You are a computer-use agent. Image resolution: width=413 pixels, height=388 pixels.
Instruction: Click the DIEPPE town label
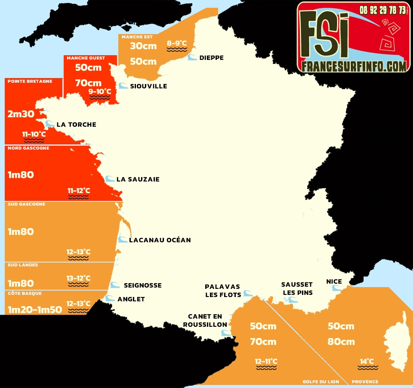pyautogui.click(x=211, y=58)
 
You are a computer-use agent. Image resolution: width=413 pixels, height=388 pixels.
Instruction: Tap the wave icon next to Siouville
pyautogui.click(x=123, y=86)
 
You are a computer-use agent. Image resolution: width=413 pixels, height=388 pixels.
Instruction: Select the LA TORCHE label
pyautogui.click(x=76, y=125)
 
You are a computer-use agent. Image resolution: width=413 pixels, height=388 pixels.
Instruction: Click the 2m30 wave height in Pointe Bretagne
pyautogui.click(x=21, y=114)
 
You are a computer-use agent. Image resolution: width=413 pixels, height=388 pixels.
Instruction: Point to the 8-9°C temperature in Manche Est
pyautogui.click(x=177, y=43)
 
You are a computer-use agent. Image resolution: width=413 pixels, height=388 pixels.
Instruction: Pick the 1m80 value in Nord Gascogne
pyautogui.click(x=21, y=175)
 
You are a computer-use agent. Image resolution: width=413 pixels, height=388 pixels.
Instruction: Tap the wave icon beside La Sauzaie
pyautogui.click(x=110, y=179)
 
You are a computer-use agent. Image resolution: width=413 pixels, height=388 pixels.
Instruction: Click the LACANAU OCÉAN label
pyautogui.click(x=160, y=240)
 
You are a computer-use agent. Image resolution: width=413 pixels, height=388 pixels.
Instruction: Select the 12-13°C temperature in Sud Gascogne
pyautogui.click(x=78, y=252)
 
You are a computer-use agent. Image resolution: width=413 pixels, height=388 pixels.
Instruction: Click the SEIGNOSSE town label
pyautogui.click(x=142, y=285)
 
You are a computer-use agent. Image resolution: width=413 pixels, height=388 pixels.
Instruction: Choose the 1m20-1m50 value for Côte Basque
pyautogui.click(x=35, y=310)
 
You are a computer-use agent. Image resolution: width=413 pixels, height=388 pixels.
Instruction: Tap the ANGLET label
pyautogui.click(x=131, y=299)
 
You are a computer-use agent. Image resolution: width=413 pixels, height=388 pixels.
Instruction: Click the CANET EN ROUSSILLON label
pyautogui.click(x=205, y=321)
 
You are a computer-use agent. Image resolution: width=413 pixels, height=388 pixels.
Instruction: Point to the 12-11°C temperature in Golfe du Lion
pyautogui.click(x=266, y=361)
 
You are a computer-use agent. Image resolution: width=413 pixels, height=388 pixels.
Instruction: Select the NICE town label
pyautogui.click(x=334, y=282)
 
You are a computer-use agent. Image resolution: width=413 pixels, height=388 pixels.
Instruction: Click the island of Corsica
pyautogui.click(x=398, y=345)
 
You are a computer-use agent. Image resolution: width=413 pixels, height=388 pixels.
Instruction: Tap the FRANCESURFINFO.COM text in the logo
pyautogui.click(x=353, y=66)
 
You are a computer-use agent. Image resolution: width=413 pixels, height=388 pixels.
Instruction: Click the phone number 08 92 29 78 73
pyautogui.click(x=383, y=9)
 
